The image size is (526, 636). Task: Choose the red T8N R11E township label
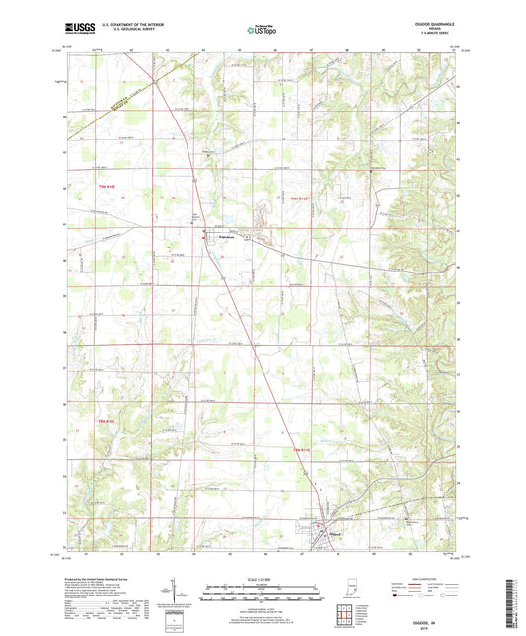point(305,451)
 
